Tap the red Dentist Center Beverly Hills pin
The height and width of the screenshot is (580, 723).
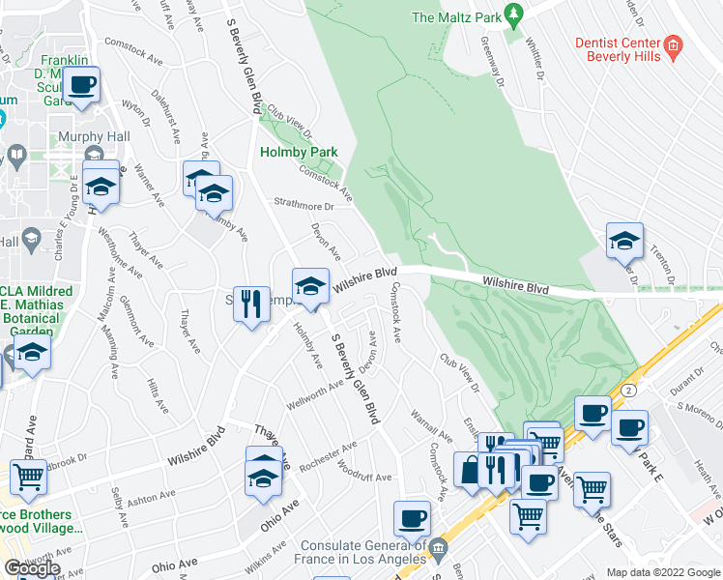(674, 43)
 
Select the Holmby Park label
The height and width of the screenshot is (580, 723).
(298, 152)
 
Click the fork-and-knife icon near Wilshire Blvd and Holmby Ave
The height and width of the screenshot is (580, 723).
(251, 303)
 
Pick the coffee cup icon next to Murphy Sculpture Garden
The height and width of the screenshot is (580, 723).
(83, 84)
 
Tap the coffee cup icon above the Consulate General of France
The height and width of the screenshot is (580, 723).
(413, 518)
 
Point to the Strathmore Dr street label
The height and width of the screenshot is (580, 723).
(302, 206)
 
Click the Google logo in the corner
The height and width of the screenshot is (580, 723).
(32, 567)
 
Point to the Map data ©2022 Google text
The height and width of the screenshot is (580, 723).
(662, 572)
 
